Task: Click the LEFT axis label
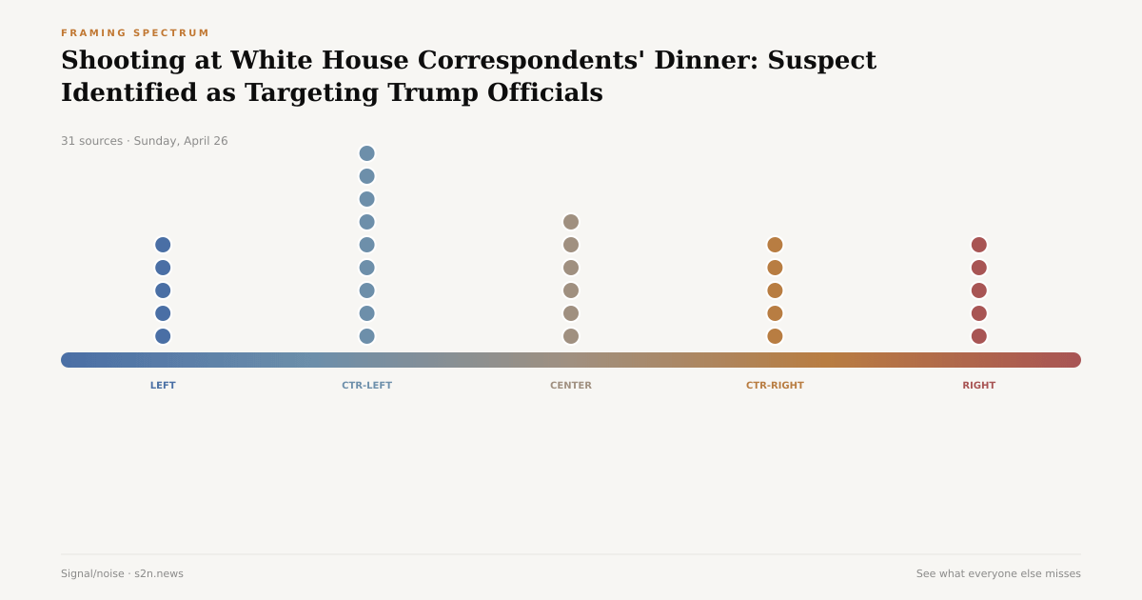click(x=163, y=386)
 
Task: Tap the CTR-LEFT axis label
click(x=366, y=386)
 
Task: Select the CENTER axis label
click(x=571, y=386)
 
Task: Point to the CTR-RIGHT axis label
click(x=775, y=386)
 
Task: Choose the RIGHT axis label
click(x=978, y=386)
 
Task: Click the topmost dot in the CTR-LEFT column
click(x=366, y=153)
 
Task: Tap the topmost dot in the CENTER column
click(x=571, y=222)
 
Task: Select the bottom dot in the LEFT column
click(x=163, y=336)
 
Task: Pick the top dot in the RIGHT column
click(x=978, y=245)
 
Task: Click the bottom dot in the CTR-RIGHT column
click(x=775, y=336)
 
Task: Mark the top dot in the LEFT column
click(x=163, y=245)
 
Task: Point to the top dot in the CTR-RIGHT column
click(x=775, y=245)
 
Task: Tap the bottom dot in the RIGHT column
click(x=978, y=336)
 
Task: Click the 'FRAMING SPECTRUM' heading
click(x=135, y=33)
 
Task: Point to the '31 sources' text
click(x=91, y=141)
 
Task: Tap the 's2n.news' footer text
click(x=159, y=573)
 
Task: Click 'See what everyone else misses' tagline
click(x=998, y=573)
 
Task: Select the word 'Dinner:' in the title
click(x=705, y=61)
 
